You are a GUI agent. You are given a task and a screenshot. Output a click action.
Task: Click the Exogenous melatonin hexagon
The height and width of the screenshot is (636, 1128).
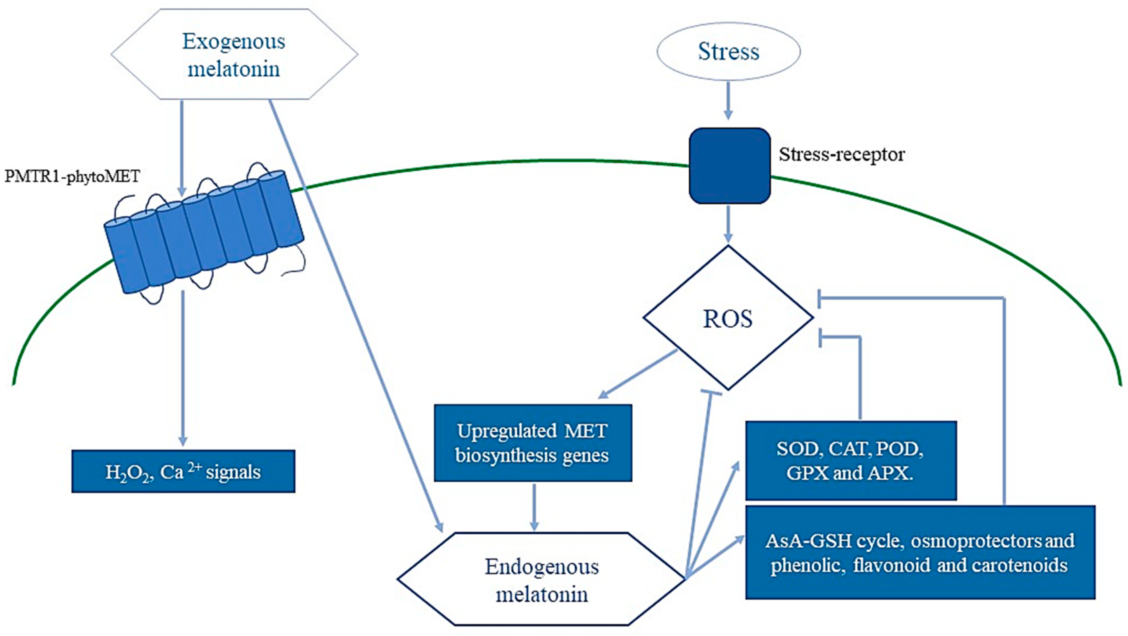click(234, 54)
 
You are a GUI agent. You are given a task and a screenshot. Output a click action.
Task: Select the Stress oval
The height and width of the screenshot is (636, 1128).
click(728, 51)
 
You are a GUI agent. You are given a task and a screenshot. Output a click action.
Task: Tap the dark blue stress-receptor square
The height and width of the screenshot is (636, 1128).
click(729, 166)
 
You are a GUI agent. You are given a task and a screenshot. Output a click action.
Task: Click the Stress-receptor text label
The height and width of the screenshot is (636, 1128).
click(841, 154)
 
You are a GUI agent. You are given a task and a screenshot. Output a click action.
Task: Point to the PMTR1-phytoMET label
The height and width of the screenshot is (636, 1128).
click(72, 176)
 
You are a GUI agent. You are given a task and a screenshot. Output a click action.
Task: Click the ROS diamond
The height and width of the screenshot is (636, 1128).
click(728, 318)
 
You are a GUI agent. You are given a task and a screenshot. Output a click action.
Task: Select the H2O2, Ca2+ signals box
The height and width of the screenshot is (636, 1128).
click(183, 471)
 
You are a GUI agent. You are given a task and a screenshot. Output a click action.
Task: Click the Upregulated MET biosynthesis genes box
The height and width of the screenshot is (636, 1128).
click(532, 443)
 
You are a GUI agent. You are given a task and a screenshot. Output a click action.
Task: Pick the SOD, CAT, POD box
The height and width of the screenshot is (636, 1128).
click(850, 460)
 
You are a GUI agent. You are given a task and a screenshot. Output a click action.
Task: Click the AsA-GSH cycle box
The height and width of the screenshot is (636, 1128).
click(920, 552)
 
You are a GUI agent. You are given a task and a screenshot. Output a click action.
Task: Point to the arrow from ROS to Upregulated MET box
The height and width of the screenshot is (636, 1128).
click(637, 374)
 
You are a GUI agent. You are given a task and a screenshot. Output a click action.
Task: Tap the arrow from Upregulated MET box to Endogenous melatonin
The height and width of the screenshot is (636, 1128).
click(534, 506)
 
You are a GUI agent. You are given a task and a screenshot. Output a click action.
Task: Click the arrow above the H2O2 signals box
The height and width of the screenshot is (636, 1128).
click(183, 368)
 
